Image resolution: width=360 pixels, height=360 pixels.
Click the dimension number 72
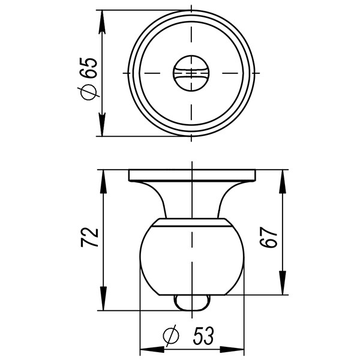coord(89,238)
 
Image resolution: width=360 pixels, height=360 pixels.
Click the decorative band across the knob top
coord(191,224)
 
